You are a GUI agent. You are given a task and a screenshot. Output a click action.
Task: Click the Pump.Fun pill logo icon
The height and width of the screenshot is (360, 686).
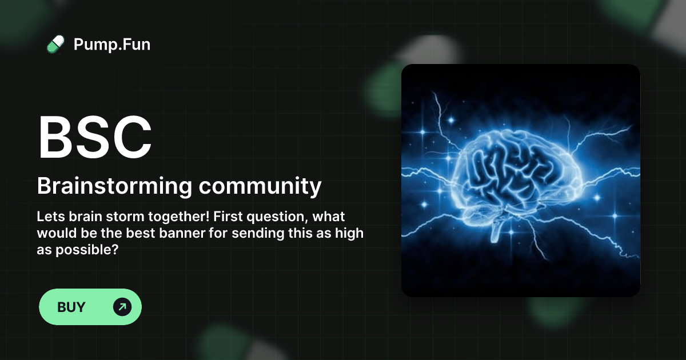click(55, 44)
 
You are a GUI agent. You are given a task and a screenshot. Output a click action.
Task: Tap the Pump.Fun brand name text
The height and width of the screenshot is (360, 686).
click(112, 44)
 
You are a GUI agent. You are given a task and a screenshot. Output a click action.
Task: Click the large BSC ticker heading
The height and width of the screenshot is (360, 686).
click(95, 138)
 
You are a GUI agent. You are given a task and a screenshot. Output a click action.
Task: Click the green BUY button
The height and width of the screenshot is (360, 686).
click(90, 307)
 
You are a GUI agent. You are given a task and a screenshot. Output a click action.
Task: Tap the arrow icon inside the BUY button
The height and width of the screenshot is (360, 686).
click(122, 307)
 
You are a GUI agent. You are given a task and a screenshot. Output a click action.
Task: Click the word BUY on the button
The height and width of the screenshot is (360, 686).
click(71, 307)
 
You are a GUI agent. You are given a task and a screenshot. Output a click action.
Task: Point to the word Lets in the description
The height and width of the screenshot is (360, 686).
click(49, 217)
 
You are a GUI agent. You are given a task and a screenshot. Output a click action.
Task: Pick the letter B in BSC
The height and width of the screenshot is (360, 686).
click(57, 138)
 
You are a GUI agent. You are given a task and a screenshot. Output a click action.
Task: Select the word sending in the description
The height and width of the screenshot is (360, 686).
click(256, 234)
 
